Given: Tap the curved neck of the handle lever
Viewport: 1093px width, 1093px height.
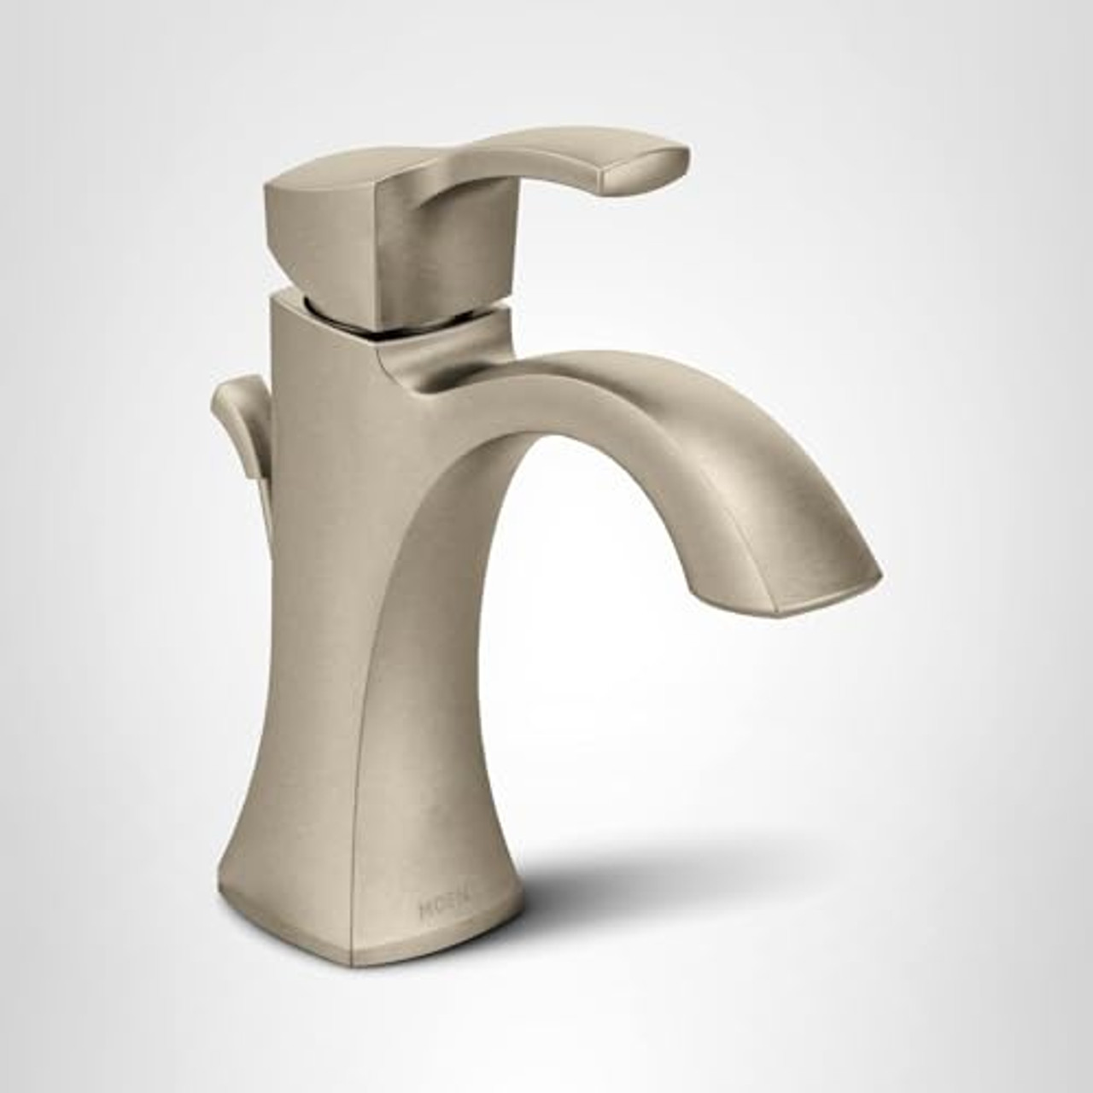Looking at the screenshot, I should (478, 171).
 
